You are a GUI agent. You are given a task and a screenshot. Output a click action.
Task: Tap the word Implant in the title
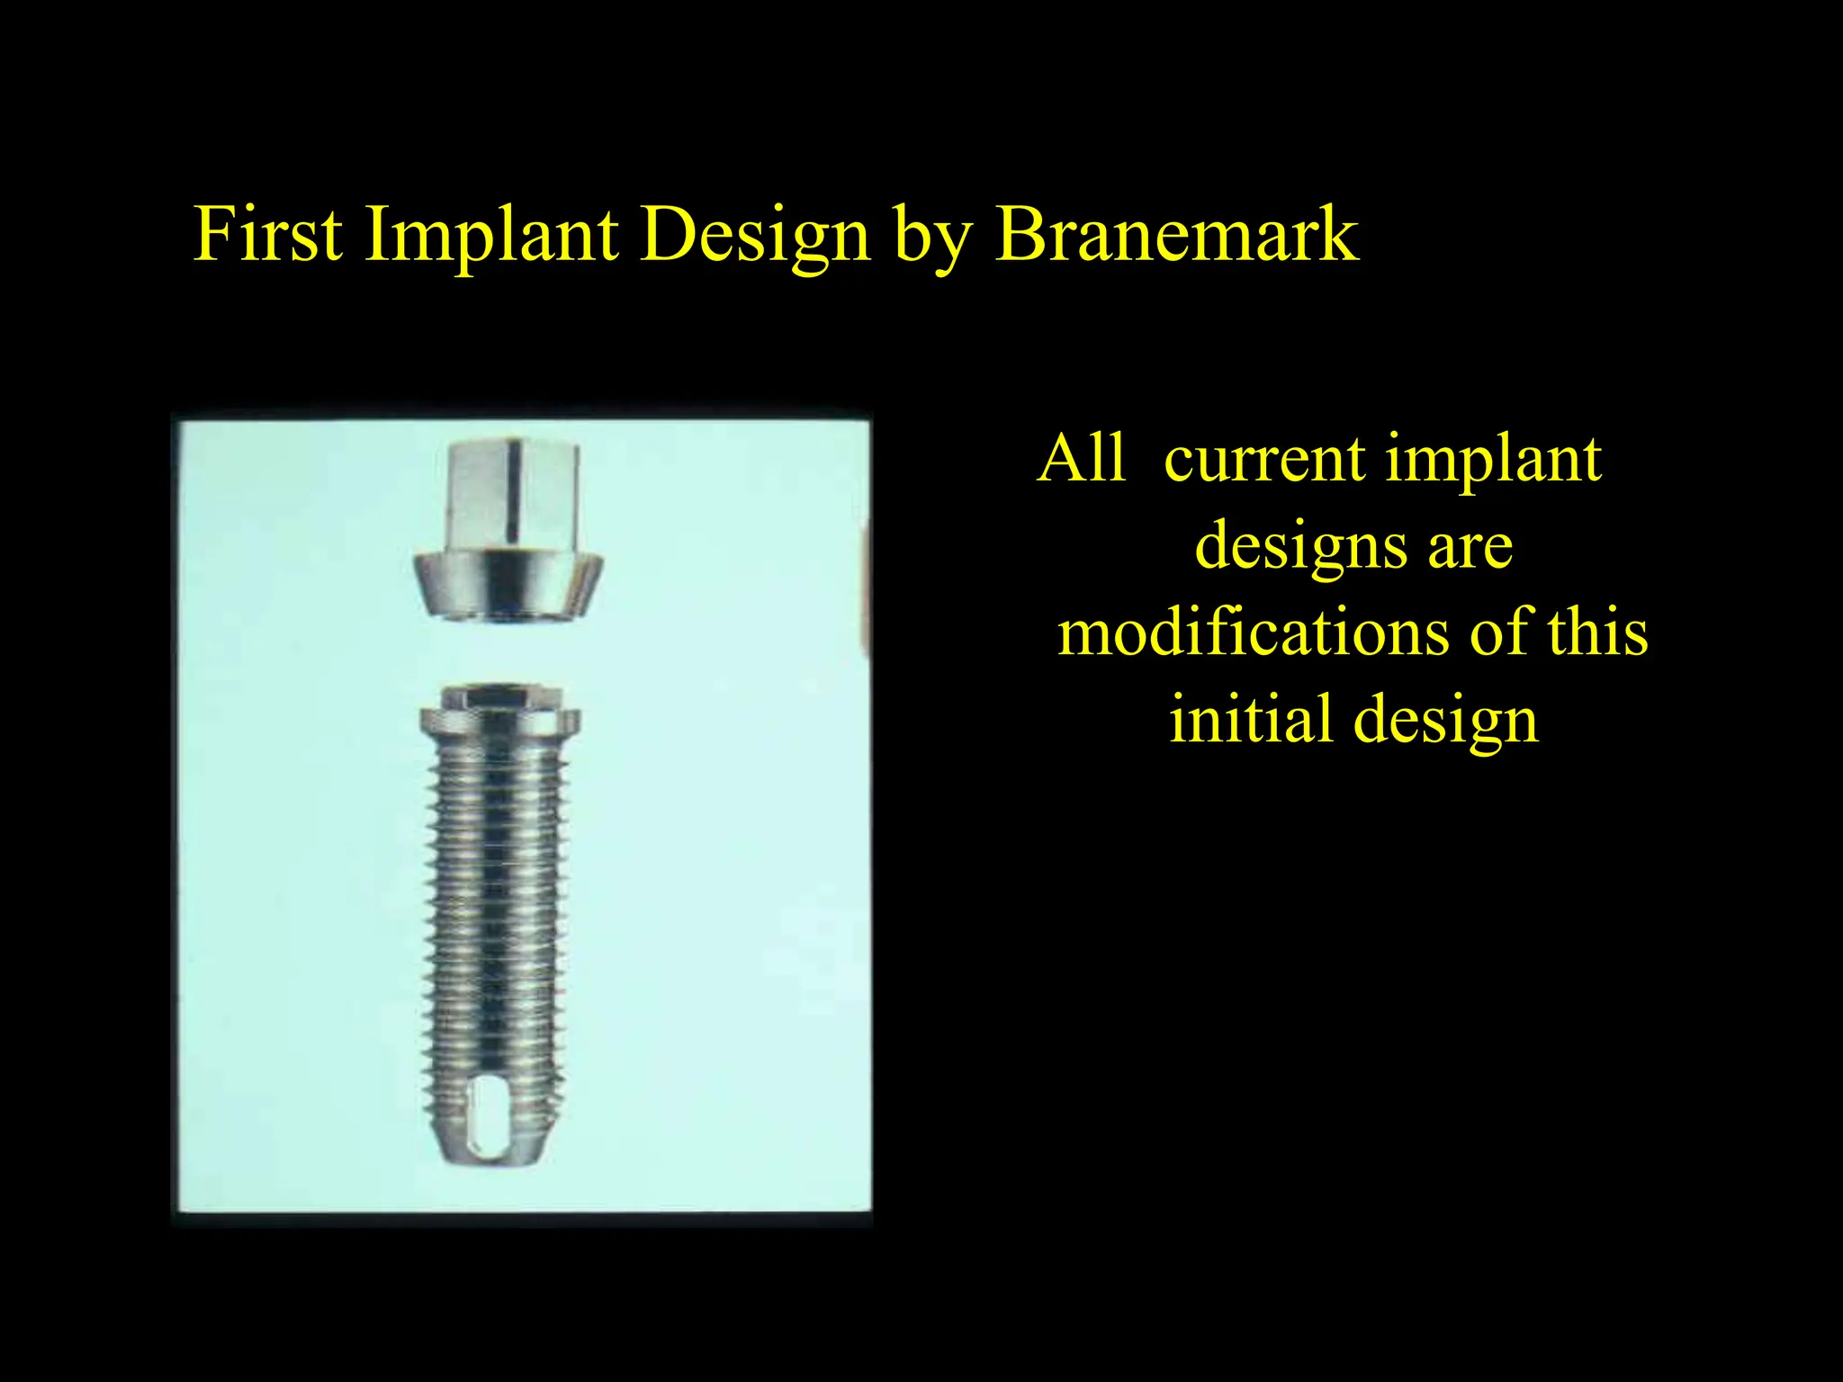(x=491, y=236)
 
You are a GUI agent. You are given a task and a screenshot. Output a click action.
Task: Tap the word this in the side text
(x=1597, y=633)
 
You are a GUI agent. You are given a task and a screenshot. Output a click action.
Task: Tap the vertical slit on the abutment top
(x=511, y=490)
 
